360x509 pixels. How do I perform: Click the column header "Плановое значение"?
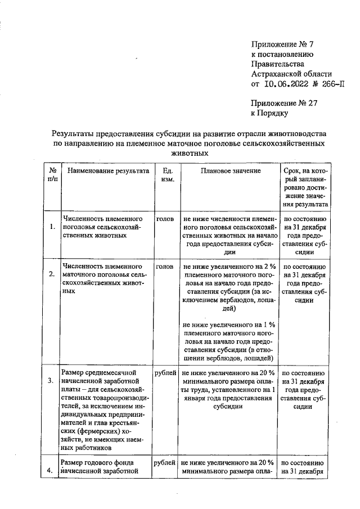[230, 170]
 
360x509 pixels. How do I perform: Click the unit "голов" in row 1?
[164, 217]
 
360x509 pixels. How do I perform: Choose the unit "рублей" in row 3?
[165, 372]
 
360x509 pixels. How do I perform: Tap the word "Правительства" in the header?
[276, 64]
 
